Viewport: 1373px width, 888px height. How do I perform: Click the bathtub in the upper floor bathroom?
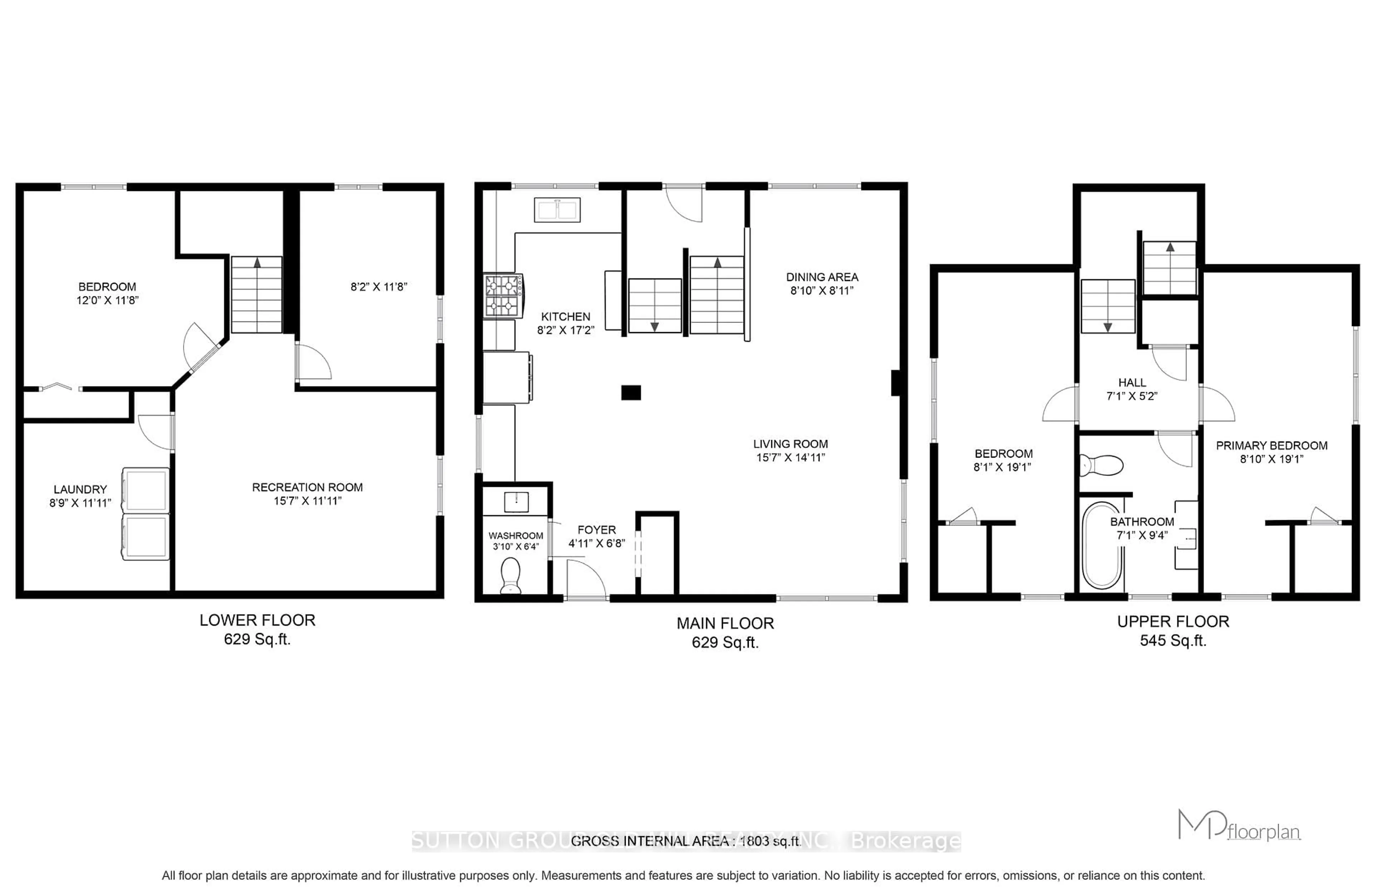click(x=1101, y=545)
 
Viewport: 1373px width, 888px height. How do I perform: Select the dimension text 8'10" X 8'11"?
click(x=822, y=291)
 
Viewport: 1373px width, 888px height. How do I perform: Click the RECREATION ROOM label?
click(x=307, y=487)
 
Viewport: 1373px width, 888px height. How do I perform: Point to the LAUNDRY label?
click(x=80, y=489)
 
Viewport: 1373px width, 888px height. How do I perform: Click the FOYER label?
click(x=596, y=530)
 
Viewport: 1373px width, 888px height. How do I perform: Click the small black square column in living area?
click(x=631, y=393)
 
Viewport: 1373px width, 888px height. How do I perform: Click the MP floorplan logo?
click(x=1238, y=826)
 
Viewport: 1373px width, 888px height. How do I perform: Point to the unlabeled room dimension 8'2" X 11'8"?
click(x=379, y=287)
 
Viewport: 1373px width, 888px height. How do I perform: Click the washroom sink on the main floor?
click(x=516, y=502)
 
